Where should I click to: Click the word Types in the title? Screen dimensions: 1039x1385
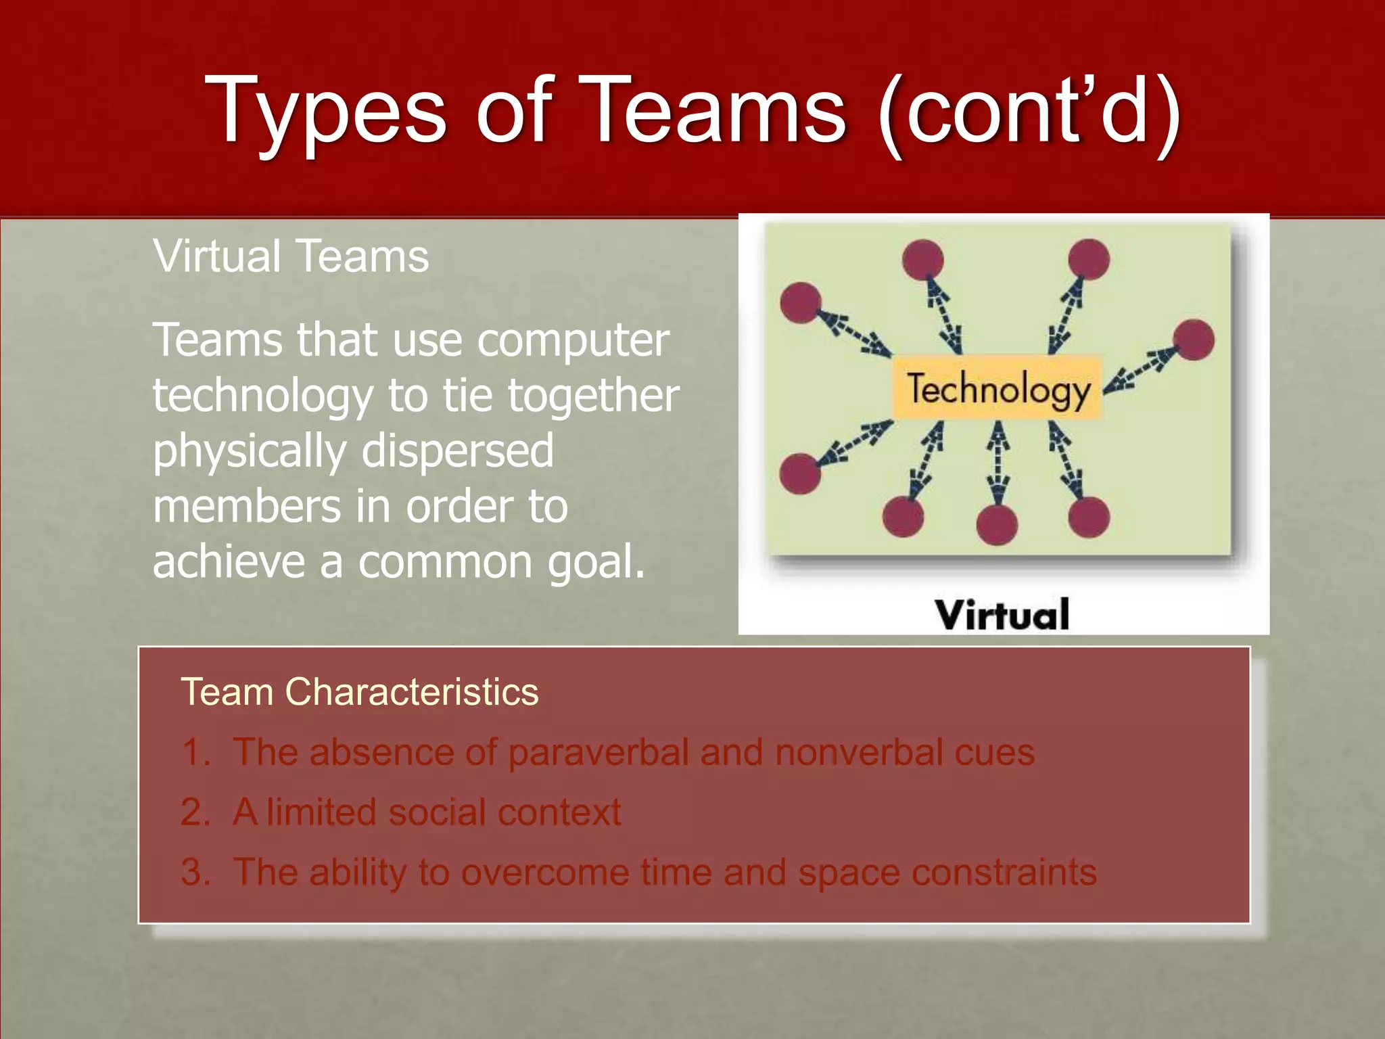(325, 112)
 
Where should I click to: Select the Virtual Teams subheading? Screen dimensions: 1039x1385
(291, 256)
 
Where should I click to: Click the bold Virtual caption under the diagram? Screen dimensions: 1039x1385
(1002, 615)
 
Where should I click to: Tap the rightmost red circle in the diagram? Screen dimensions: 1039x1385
(1193, 340)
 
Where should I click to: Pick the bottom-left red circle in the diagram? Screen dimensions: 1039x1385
(800, 474)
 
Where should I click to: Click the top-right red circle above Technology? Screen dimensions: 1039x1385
(1089, 259)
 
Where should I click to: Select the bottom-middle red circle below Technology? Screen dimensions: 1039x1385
(997, 524)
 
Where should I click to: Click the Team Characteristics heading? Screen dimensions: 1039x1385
(359, 692)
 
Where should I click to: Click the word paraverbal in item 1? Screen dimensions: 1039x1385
(598, 752)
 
